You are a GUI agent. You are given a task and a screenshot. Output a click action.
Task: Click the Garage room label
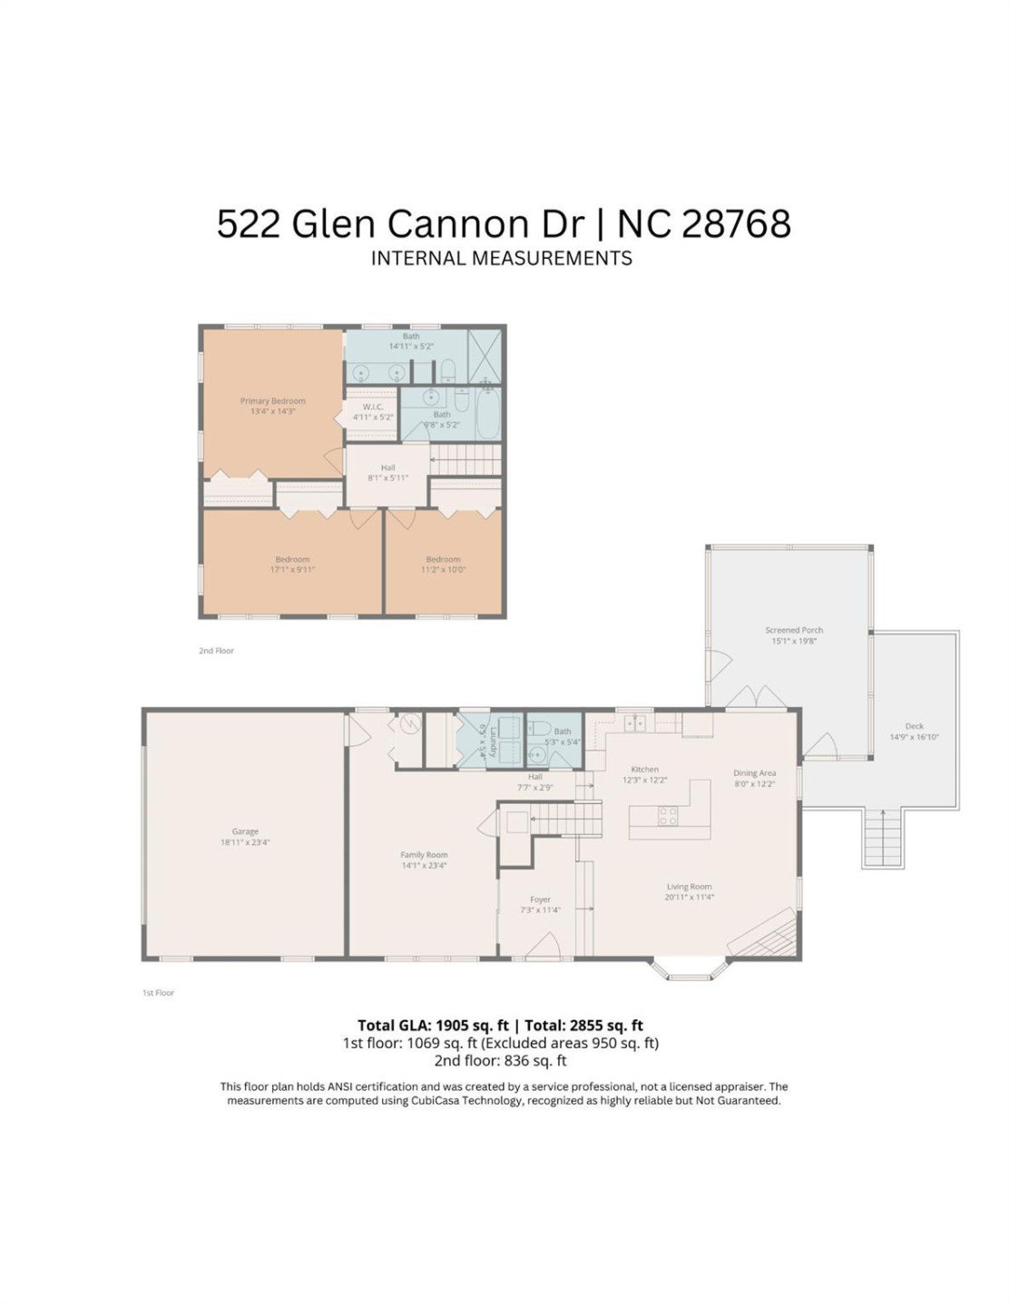coord(245,831)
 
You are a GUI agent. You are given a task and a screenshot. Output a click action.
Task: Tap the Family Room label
coord(424,855)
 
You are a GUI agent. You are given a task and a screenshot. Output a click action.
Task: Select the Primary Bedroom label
coord(273,401)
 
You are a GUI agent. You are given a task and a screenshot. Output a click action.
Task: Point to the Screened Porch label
coord(794,630)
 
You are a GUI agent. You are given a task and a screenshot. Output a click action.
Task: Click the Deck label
coord(914,726)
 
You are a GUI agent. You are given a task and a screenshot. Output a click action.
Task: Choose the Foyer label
coord(540,899)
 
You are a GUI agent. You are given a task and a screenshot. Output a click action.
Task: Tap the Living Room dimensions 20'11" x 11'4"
coord(690,898)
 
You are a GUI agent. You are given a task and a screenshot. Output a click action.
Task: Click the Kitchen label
coord(645,770)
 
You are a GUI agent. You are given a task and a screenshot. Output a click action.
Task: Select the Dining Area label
coord(754,773)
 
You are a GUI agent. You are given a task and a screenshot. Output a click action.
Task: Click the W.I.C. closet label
coord(373,407)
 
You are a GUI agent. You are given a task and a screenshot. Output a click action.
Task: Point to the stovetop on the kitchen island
coord(668,816)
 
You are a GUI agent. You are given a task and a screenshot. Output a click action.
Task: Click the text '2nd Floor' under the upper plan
coord(217,651)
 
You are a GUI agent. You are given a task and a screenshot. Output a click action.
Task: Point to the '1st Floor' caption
coord(158,993)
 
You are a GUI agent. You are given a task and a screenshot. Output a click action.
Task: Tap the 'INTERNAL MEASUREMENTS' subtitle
coord(502,259)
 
